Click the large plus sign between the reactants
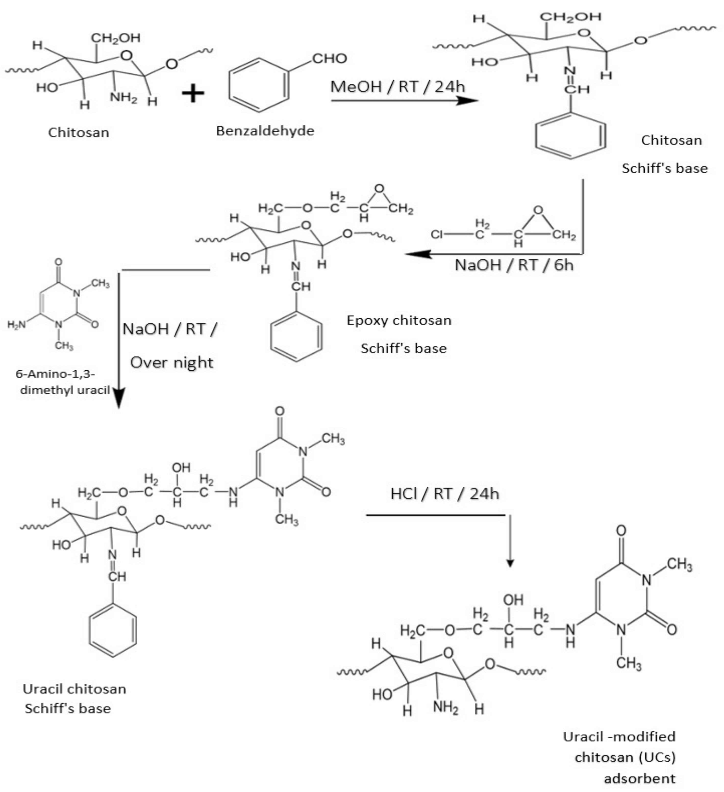[x=193, y=94]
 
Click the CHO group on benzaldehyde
[x=330, y=59]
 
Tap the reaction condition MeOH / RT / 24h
[x=397, y=86]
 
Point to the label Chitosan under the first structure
[x=79, y=132]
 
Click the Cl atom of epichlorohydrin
[x=436, y=235]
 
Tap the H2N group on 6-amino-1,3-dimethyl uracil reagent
[x=17, y=324]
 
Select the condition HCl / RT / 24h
[x=444, y=494]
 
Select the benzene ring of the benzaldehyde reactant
[x=259, y=85]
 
